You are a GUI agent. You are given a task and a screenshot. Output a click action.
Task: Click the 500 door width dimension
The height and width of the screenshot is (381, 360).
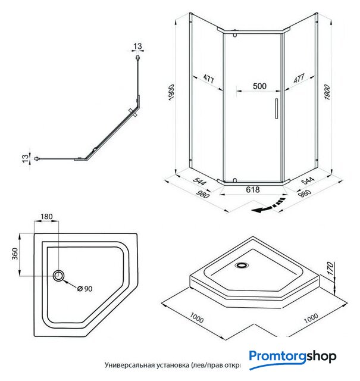(x=259, y=86)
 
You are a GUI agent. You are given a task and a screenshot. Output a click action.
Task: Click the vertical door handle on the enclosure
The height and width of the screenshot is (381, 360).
(x=276, y=110)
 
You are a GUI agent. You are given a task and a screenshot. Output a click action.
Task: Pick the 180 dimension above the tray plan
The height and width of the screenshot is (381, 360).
(x=48, y=217)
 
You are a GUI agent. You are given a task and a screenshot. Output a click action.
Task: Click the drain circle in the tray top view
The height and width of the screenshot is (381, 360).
(x=59, y=276)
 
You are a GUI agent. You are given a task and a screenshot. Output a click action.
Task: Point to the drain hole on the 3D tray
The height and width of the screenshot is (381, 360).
(x=243, y=266)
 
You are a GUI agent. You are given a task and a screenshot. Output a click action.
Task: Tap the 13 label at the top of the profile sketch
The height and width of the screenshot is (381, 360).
(x=138, y=46)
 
